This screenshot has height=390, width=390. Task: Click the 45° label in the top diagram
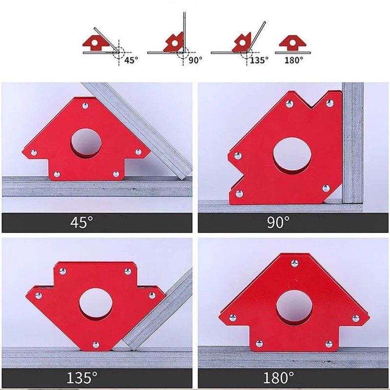(131, 60)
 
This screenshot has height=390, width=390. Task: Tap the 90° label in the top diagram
(195, 60)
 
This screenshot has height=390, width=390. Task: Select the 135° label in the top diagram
(259, 60)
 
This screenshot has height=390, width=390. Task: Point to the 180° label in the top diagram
(294, 60)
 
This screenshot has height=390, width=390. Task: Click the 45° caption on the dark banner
(81, 222)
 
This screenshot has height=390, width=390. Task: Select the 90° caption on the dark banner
(278, 222)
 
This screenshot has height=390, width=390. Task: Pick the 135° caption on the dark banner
(82, 377)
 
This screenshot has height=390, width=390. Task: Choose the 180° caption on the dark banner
(278, 377)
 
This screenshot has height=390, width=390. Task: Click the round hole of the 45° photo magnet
(86, 143)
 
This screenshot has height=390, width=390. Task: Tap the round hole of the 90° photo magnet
(292, 156)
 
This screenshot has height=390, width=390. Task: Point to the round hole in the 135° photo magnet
(96, 304)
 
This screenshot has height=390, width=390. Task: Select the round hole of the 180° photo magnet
(294, 308)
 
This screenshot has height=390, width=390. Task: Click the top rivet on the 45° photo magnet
(85, 106)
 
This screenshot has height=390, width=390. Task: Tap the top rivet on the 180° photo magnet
(295, 263)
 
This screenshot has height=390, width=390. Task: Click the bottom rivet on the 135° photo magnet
(96, 345)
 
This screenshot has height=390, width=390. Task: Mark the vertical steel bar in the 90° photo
(352, 143)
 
